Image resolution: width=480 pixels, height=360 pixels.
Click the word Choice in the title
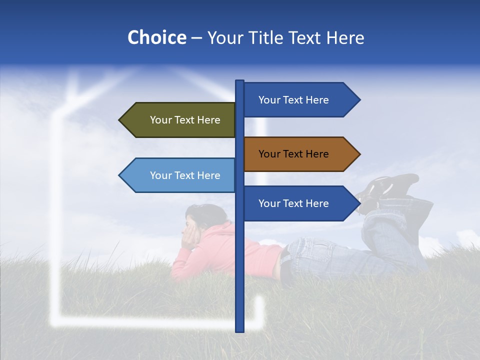coord(156,38)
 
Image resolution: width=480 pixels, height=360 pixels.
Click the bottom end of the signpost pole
coord(240,329)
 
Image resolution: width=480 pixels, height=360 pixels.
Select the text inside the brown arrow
coord(293,154)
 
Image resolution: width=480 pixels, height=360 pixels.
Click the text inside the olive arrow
coord(185,120)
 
